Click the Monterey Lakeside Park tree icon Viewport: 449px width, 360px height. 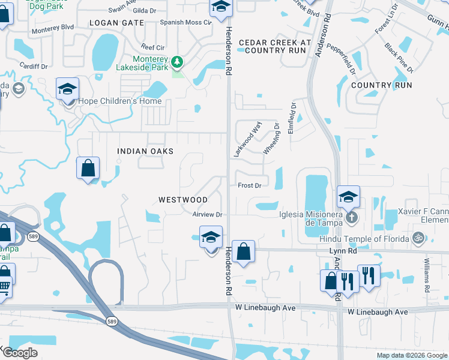177,61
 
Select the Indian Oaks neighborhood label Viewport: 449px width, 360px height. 145,151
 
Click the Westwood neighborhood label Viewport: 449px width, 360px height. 183,199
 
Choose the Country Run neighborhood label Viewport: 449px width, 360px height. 381,85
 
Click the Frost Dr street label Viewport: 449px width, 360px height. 249,185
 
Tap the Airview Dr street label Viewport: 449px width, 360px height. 208,214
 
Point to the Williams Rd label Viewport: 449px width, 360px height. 427,277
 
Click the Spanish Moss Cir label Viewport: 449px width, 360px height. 186,22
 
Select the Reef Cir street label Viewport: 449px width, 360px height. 152,47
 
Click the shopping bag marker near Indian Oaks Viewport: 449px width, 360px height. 88,168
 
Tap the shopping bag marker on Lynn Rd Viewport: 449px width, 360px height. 244,252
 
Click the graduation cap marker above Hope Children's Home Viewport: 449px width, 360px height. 67,89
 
